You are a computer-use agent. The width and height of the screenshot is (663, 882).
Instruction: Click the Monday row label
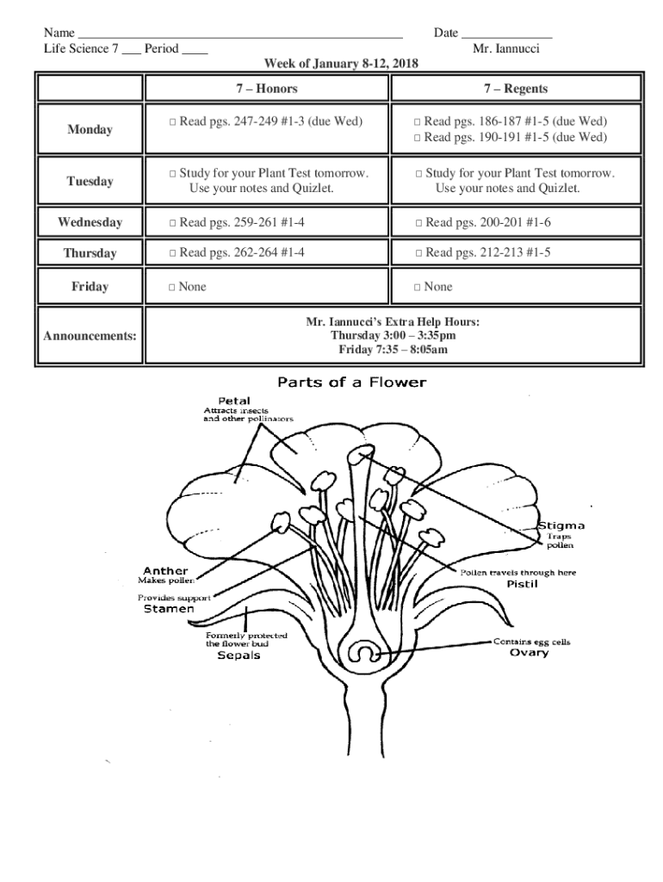[90, 130]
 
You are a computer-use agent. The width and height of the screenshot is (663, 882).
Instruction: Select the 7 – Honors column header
[267, 89]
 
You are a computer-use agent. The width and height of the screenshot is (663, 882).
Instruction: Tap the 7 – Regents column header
[515, 89]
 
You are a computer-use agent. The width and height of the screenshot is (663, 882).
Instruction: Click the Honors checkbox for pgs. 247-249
[173, 122]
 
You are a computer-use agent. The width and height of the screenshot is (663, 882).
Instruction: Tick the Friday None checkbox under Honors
[173, 287]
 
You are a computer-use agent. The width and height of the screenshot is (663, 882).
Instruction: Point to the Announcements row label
[90, 335]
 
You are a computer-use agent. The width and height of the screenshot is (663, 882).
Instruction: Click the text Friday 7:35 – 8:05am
[393, 349]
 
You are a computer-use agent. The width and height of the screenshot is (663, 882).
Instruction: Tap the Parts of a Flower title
[350, 382]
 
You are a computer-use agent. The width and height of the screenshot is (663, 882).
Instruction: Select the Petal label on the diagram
[234, 401]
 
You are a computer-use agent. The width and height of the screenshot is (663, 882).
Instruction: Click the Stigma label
[561, 525]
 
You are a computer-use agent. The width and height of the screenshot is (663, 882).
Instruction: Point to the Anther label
[165, 570]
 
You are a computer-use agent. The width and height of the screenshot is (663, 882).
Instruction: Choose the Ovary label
[529, 653]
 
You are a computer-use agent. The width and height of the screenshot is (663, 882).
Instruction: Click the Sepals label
[238, 655]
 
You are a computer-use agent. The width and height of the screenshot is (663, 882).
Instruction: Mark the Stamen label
[168, 609]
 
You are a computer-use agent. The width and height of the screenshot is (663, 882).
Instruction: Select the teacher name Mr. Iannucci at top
[506, 49]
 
